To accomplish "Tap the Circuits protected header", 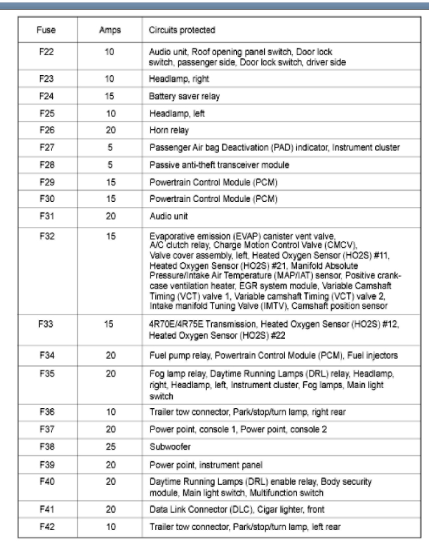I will [181, 30].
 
